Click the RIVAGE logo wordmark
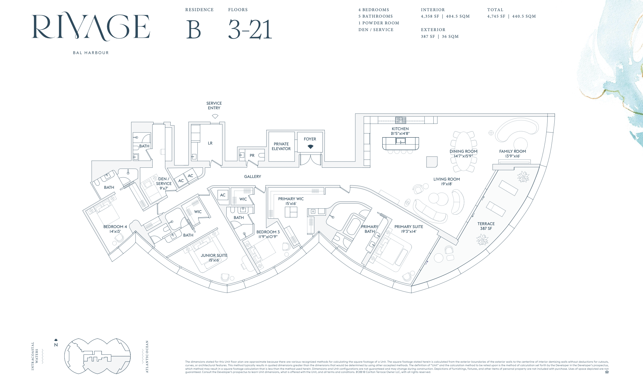91,26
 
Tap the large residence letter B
193,30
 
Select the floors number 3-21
250,30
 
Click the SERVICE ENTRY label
214,106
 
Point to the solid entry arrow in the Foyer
310,147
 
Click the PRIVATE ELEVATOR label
281,146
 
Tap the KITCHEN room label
400,129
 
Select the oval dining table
464,151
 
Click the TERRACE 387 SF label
486,226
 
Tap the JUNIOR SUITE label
214,255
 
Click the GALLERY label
253,176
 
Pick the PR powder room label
252,155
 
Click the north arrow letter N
56,345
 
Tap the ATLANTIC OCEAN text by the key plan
147,357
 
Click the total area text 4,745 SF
496,16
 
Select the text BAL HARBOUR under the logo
91,53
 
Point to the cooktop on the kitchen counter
400,120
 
